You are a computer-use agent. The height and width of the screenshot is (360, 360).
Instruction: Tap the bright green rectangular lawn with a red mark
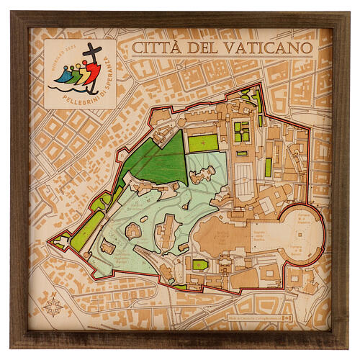click(x=202, y=143)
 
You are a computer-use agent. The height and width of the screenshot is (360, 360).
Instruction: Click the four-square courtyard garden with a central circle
click(x=241, y=131)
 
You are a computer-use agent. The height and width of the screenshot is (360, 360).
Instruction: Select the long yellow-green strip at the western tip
click(x=84, y=230)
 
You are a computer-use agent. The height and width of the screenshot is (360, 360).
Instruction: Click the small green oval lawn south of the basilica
click(x=200, y=264)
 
